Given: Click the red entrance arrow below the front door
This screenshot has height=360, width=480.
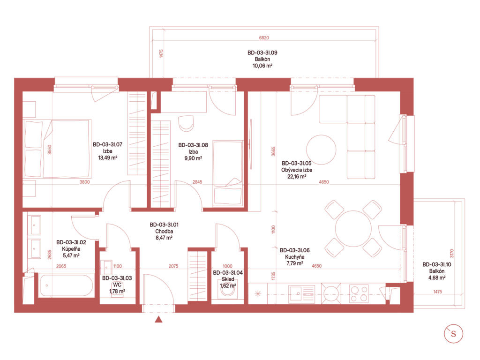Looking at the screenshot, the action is pos(158,319).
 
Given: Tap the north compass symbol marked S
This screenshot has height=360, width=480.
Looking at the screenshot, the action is pos(453,334).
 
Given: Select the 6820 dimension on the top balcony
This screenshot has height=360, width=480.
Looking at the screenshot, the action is pos(264,37).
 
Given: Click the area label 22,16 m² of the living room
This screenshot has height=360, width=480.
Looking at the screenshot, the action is pos(297,176).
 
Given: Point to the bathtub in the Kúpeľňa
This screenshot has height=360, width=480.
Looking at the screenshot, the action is pos(66,285).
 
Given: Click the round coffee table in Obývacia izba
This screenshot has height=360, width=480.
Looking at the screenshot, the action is pos(322,150).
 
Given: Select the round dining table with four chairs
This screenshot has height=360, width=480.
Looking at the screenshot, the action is pos(353,228).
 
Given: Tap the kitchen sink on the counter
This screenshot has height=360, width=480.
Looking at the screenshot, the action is pos(301,293).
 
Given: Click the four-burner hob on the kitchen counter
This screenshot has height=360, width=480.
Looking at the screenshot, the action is pos(359,293).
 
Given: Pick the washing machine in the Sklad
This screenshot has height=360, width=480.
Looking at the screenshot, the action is pos(227,292).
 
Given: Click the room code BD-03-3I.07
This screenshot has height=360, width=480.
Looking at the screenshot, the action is pos(107,144).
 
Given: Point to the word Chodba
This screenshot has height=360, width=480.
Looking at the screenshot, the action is pos(164,232).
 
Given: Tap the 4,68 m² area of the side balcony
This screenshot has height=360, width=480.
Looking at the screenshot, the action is pos(437,277).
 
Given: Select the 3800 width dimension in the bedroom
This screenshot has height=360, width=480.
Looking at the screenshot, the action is pos(85,182).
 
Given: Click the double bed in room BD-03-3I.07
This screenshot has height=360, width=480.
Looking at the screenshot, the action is pos(58,149).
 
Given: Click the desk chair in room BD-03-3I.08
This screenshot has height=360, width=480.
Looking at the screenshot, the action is pos(186,123).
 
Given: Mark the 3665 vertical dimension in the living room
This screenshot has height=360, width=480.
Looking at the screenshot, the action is pos(273,151).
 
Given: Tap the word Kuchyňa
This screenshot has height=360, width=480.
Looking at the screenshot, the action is pos(294,257).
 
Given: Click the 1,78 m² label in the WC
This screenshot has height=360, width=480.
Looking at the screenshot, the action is pos(117,292).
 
